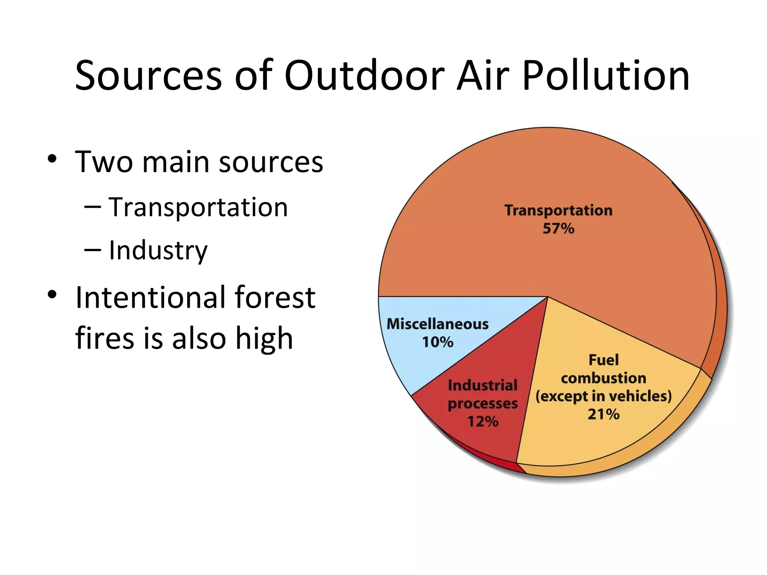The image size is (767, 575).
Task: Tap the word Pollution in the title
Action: click(x=606, y=76)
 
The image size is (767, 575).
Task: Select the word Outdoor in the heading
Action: click(x=364, y=76)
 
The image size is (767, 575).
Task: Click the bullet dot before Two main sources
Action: click(x=52, y=159)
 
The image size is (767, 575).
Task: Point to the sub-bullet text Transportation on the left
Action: click(x=198, y=207)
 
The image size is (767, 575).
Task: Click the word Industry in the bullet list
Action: click(x=158, y=250)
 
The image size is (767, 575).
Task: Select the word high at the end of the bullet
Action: click(x=264, y=338)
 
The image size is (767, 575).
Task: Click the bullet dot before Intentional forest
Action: click(x=52, y=295)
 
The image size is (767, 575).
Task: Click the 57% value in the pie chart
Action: click(x=558, y=229)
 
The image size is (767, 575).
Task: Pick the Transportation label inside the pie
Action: click(x=558, y=210)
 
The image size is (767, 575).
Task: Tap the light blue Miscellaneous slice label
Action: click(x=437, y=324)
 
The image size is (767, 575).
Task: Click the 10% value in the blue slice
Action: click(x=437, y=342)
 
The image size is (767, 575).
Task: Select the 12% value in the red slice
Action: click(x=483, y=422)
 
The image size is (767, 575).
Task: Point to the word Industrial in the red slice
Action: click(x=483, y=386)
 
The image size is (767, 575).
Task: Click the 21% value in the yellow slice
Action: click(x=603, y=414)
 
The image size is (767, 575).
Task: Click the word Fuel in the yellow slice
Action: click(x=603, y=360)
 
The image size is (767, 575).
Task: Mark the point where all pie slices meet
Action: click(x=548, y=297)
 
